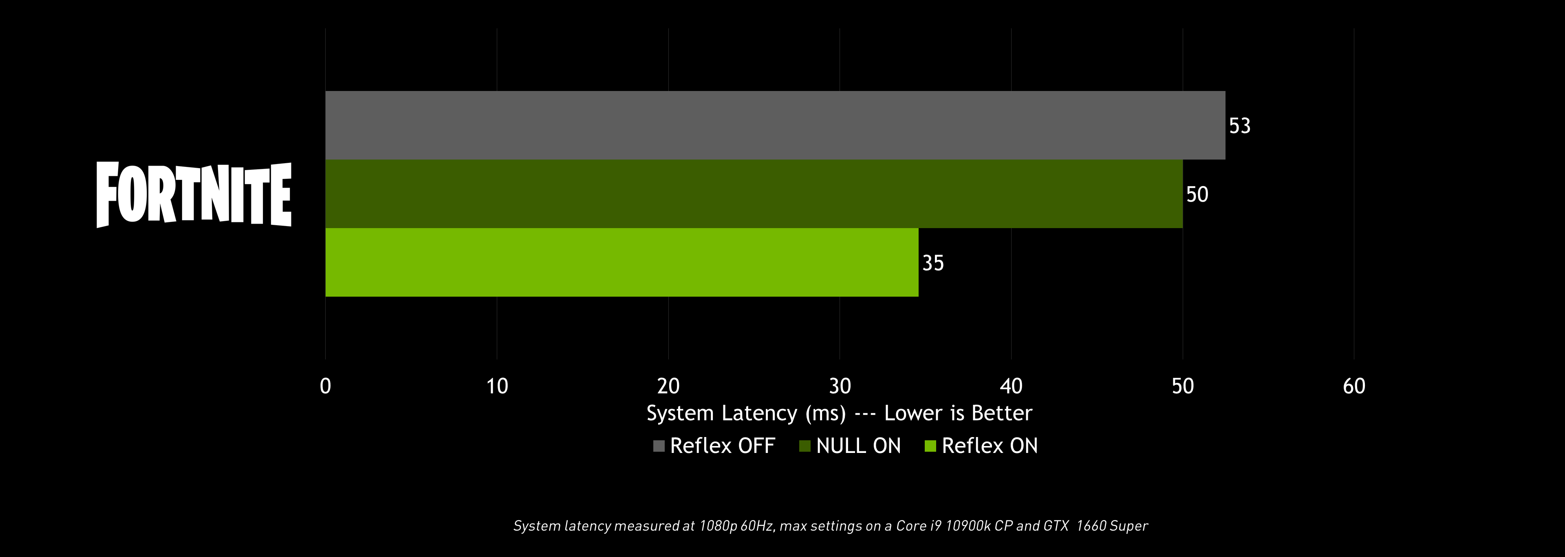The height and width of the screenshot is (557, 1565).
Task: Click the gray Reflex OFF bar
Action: [775, 125]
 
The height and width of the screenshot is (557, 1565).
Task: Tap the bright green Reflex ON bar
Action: [622, 263]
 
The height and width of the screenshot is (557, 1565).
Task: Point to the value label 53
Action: [1239, 126]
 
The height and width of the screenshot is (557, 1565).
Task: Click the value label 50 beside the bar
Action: [1197, 195]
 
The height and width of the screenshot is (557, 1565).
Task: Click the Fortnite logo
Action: [194, 195]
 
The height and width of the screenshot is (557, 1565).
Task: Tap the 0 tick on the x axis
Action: [326, 386]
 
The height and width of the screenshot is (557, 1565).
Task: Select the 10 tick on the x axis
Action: [497, 386]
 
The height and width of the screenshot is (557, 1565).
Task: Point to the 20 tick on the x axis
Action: [668, 386]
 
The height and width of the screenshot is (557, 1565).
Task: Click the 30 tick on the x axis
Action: [840, 386]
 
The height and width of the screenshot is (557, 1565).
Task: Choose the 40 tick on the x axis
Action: [1011, 386]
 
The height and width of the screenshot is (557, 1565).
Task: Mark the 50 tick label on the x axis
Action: [1182, 386]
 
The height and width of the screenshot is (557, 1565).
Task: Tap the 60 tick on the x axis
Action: [1353, 386]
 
